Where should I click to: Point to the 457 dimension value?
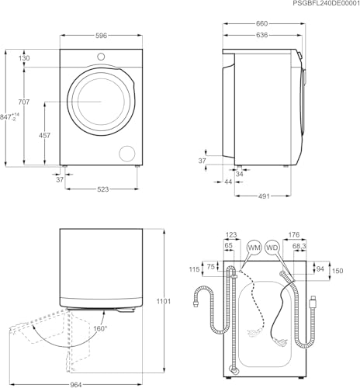click(x=44, y=135)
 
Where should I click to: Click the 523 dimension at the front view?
click(x=103, y=190)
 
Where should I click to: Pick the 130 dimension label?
click(x=26, y=59)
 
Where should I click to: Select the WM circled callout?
click(x=253, y=248)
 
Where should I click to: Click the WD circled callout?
click(x=272, y=248)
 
